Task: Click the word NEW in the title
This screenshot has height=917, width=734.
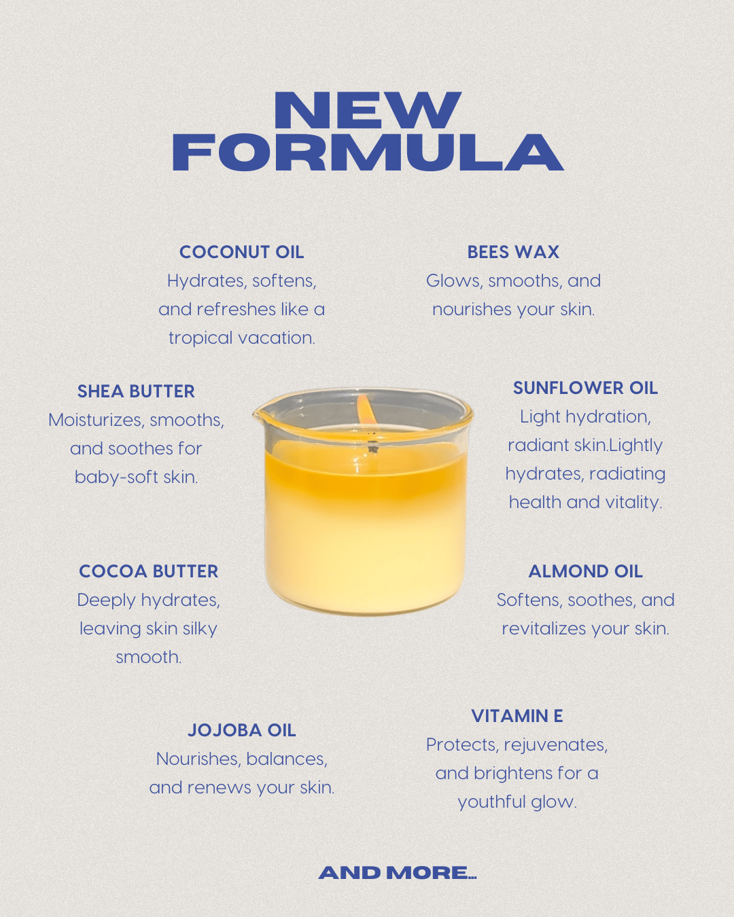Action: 367,109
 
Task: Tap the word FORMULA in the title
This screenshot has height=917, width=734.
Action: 368,152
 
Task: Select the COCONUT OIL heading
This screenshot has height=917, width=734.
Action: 241,252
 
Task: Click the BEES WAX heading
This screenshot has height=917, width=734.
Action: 513,252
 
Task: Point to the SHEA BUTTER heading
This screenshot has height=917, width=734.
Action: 136,391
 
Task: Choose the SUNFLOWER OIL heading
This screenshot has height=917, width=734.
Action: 585,388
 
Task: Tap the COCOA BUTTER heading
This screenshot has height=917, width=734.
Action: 148,571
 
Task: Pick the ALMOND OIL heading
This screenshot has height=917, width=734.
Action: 585,571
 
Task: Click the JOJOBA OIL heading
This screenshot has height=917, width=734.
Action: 241,730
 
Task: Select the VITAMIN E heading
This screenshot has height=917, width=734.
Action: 517,716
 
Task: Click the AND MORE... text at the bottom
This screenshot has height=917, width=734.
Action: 398,873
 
